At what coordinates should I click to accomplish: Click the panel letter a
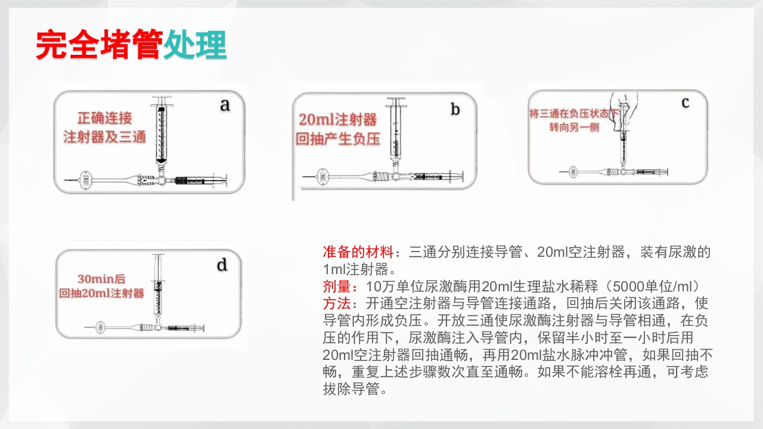click(x=225, y=105)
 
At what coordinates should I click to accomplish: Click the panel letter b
click(x=455, y=110)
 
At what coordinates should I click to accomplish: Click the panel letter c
click(x=686, y=102)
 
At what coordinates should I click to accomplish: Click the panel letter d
click(x=222, y=265)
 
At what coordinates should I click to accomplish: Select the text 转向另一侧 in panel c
click(x=574, y=128)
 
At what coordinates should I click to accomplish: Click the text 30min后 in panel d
click(x=102, y=278)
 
